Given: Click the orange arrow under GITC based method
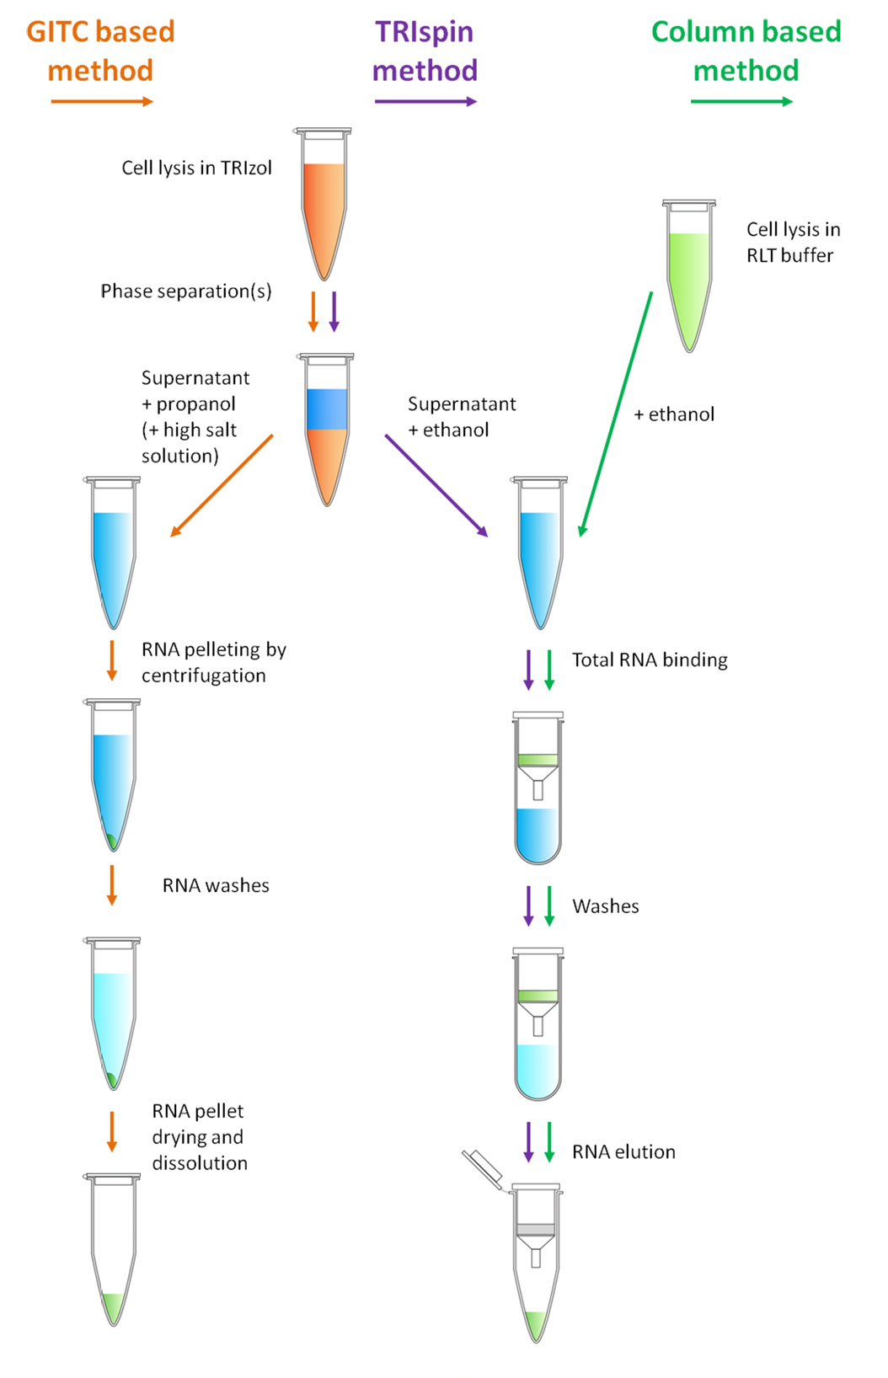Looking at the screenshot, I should [101, 102].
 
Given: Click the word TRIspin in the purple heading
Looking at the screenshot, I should [424, 32].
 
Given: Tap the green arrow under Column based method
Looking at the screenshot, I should [741, 102].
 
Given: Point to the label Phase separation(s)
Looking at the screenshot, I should [185, 291].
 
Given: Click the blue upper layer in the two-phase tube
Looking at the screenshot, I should [327, 409].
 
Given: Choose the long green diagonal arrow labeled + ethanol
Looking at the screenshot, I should [616, 414].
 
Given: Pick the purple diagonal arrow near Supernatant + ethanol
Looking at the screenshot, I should [436, 485].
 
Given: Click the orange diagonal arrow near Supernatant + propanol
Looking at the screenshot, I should [222, 486].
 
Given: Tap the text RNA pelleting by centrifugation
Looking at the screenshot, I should [213, 662].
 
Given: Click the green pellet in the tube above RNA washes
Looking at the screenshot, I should [111, 841].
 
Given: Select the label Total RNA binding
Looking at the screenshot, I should [650, 660].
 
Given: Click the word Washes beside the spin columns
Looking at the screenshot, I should [605, 906].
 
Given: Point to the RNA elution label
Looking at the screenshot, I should [623, 1152].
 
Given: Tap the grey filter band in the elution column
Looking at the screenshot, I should [536, 1230].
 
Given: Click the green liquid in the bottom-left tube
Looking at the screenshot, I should [113, 1306].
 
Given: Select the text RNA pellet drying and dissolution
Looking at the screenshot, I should [200, 1137].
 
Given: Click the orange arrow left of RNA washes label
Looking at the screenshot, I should [112, 884].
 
